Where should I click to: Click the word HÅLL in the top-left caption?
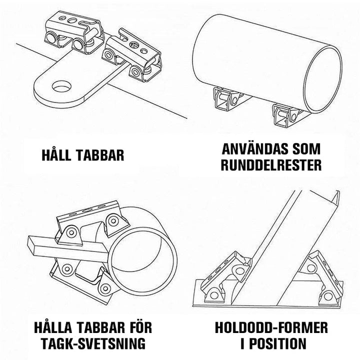click(x=56, y=154)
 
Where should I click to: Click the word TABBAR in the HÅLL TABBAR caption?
click(x=100, y=155)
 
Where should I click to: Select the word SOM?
click(x=306, y=149)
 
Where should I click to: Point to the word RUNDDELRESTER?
click(x=271, y=165)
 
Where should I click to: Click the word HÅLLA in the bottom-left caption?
click(x=53, y=327)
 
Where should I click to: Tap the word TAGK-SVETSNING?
click(x=93, y=343)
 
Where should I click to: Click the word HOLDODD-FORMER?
click(x=271, y=327)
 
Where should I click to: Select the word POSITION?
click(x=277, y=343)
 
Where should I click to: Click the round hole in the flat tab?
click(x=62, y=86)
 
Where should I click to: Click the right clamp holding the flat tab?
click(x=131, y=55)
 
